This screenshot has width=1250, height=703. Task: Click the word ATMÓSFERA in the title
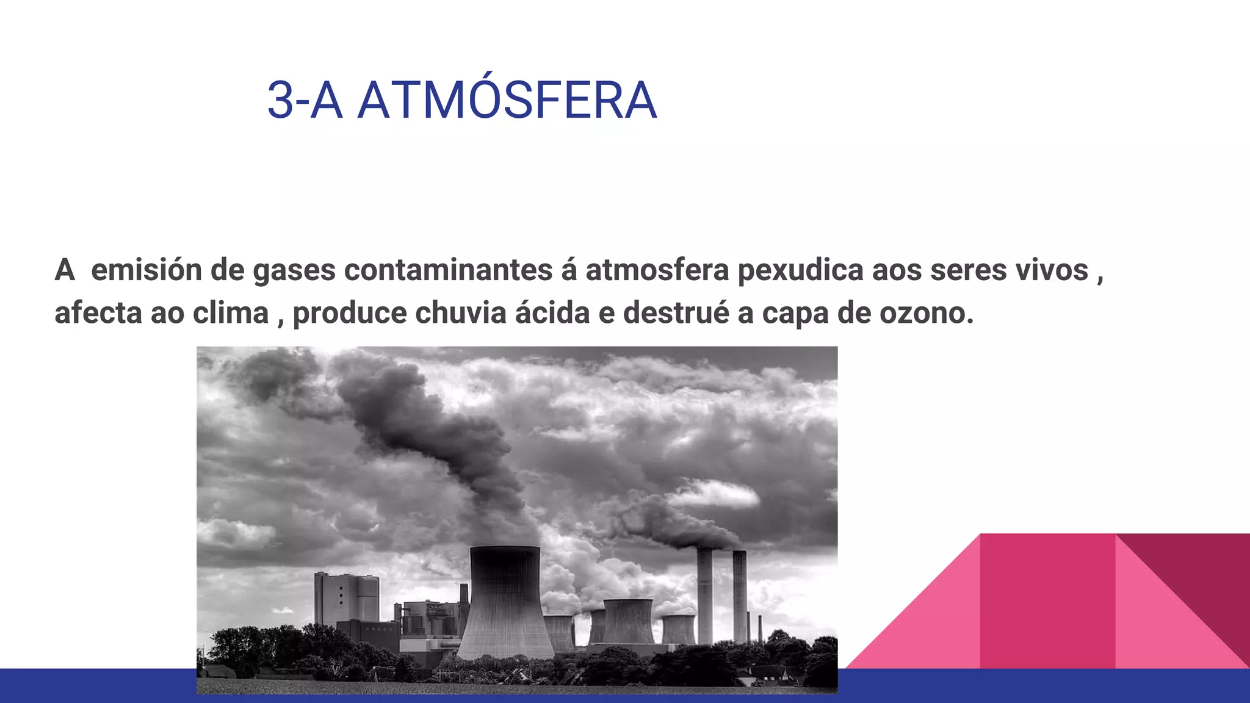507,101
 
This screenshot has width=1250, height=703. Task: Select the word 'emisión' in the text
146,270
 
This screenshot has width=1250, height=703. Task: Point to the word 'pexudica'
800,270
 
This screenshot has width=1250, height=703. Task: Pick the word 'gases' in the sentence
294,271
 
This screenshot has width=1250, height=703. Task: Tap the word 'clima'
231,313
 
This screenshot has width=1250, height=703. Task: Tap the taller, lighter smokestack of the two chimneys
704,595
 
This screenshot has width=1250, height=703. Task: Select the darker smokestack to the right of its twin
739,595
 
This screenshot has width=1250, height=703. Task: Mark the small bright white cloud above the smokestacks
714,494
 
